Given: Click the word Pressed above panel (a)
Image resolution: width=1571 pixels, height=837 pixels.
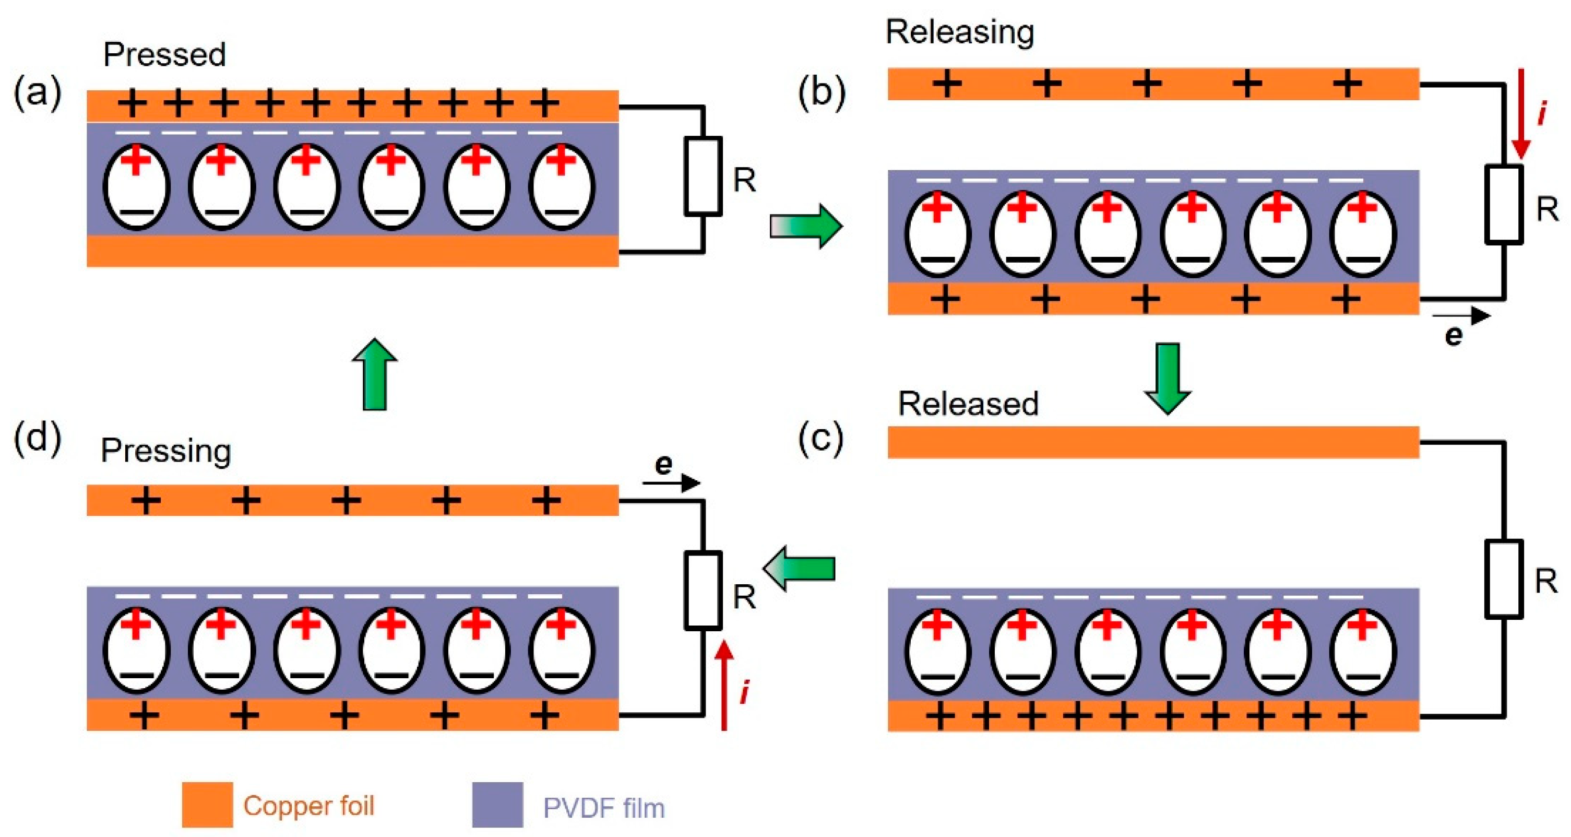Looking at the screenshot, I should (164, 55).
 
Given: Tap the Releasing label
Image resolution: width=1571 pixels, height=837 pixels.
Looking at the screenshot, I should (959, 32).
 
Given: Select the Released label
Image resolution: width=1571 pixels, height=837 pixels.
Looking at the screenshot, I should (968, 404).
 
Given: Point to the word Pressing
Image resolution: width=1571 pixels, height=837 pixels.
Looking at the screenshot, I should (166, 452).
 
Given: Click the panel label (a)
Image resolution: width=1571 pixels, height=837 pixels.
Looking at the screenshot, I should (38, 93).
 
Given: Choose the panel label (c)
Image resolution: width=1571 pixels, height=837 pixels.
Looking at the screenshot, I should (820, 438).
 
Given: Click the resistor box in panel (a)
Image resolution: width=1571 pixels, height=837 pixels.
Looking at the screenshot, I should (703, 176).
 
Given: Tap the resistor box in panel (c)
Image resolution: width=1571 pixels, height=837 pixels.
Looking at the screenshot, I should (1504, 579).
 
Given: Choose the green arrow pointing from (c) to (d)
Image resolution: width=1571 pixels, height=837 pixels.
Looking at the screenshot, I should (799, 569).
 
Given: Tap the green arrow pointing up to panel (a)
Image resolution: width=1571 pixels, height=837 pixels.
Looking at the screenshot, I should (374, 374).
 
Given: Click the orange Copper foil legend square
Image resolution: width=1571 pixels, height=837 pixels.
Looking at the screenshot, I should (207, 805).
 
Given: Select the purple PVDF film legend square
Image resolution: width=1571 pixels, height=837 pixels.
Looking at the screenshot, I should (497, 805).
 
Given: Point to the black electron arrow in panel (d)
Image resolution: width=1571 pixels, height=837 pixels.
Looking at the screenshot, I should (671, 483).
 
